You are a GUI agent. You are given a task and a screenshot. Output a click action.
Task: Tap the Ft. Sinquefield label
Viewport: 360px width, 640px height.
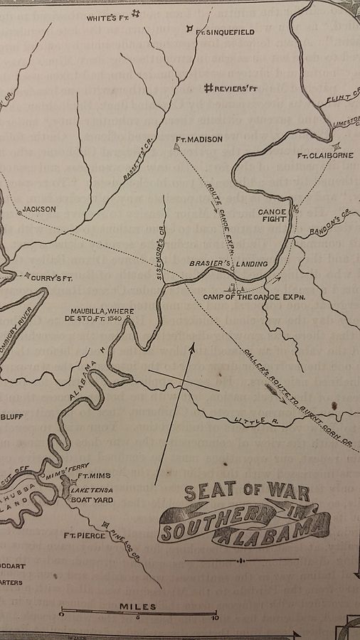point(225,31)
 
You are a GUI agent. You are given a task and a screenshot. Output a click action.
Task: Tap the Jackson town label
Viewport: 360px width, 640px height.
point(38,210)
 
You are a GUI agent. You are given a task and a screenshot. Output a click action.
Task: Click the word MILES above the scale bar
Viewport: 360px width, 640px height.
point(139,607)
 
